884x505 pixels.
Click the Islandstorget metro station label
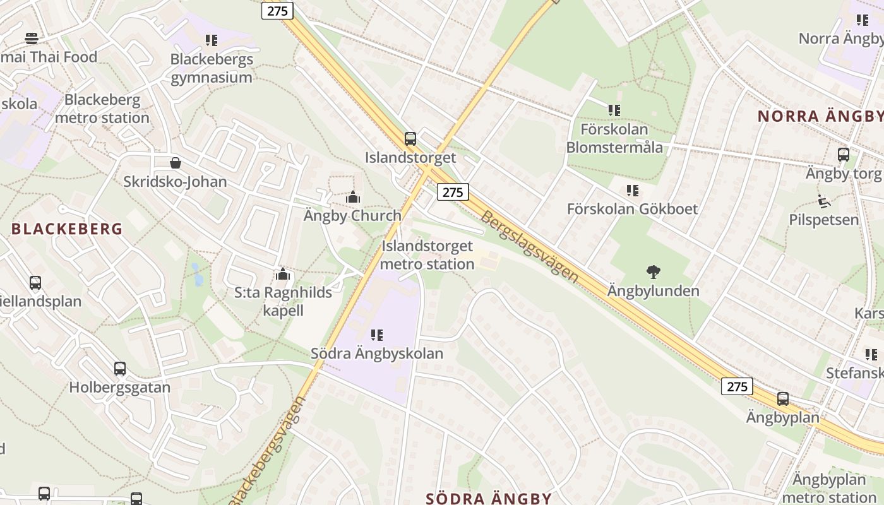427,255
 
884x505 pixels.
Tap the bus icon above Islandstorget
410,139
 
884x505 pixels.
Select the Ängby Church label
352,215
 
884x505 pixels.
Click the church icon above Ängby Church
353,198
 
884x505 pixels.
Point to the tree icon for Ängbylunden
654,273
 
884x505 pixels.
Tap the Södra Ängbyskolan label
377,353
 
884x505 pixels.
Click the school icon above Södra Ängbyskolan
377,335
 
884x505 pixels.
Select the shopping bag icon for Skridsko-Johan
176,163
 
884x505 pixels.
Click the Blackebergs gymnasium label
212,68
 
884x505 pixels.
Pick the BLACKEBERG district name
67,229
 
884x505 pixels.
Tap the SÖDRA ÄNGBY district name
489,498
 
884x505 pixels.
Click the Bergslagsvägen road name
529,246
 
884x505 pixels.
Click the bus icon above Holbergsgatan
120,369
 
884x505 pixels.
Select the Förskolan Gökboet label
632,209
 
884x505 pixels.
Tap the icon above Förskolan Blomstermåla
614,110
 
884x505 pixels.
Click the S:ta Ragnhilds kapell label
283,301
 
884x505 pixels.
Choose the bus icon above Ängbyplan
783,399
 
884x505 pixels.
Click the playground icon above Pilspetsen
823,201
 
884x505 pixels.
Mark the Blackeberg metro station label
102,109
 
